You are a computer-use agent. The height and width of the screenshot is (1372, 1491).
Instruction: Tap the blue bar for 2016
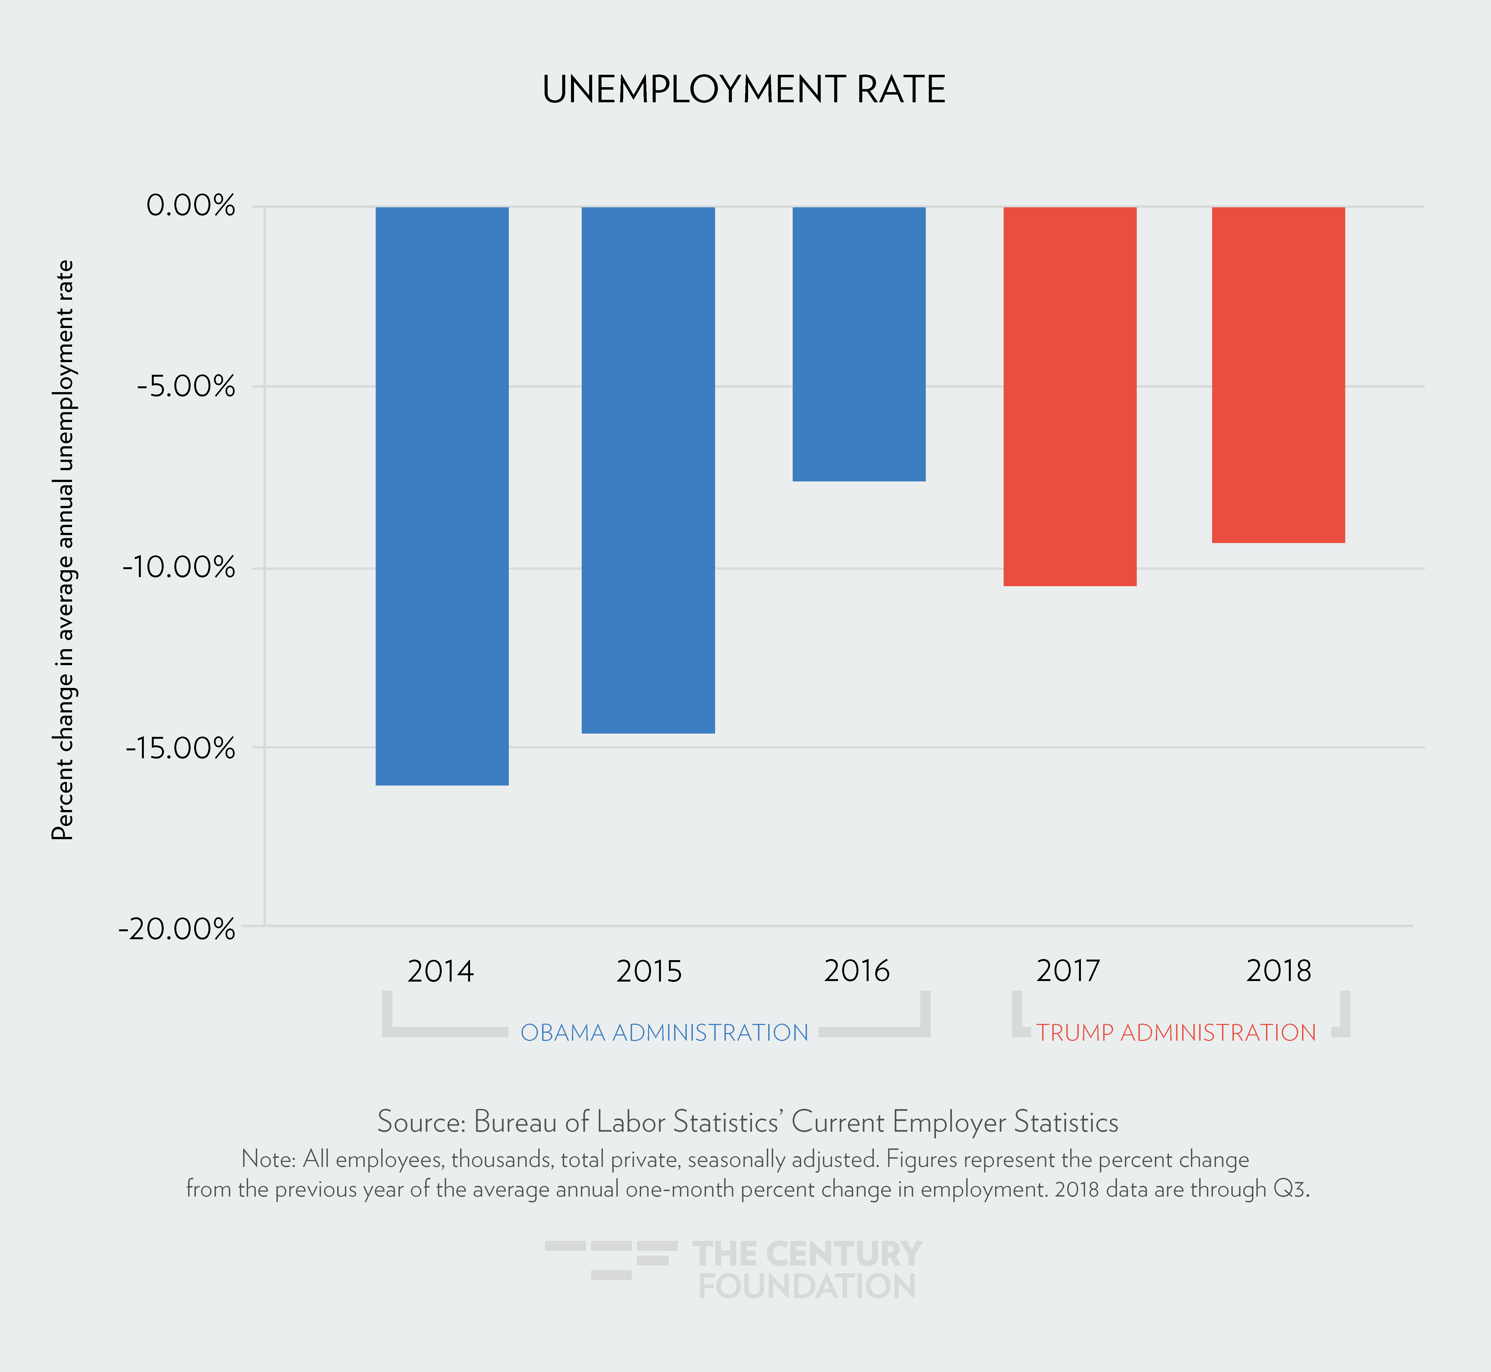[x=859, y=344]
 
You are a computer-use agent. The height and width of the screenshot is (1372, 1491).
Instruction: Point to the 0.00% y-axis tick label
[x=191, y=206]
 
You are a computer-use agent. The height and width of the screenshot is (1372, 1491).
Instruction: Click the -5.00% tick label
[x=186, y=386]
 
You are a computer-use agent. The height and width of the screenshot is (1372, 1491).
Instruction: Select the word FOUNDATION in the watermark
[x=807, y=1286]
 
